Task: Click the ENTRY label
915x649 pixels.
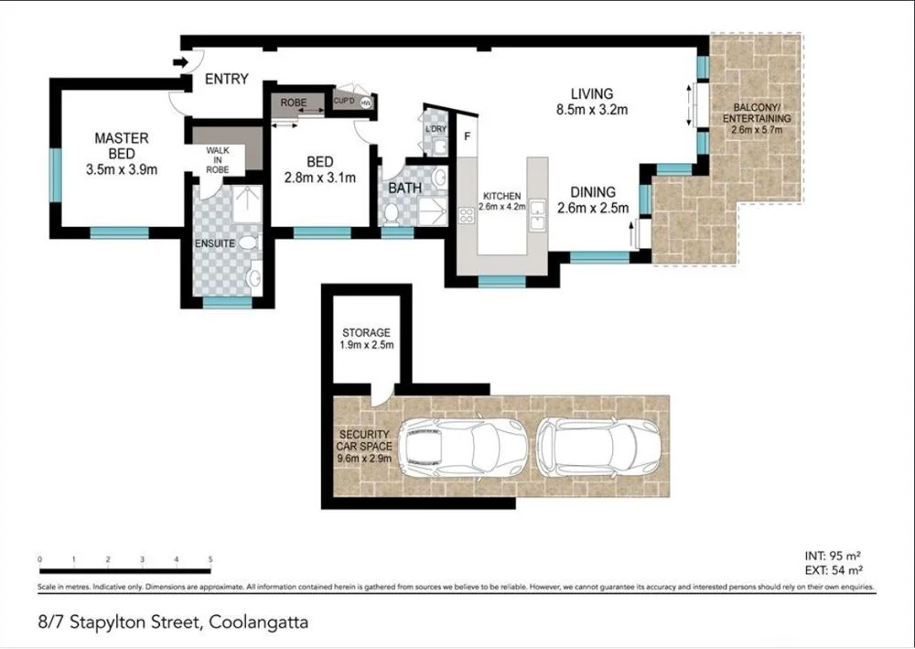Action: coord(226,79)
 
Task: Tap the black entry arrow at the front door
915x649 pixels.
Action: coord(180,62)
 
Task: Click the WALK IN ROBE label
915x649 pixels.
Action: coord(218,159)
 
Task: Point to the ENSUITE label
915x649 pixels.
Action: coord(215,243)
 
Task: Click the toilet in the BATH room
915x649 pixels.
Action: coord(392,211)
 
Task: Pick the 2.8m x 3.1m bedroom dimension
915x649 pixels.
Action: coord(318,178)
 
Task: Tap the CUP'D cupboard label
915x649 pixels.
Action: coord(344,101)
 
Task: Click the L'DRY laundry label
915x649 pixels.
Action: coord(436,130)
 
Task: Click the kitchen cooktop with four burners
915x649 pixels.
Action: coord(467,216)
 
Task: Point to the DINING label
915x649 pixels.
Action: coord(593,192)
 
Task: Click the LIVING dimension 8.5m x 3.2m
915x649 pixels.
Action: coord(591,111)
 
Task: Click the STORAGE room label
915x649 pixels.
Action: coord(366,332)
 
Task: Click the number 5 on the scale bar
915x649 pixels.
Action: coord(210,558)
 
